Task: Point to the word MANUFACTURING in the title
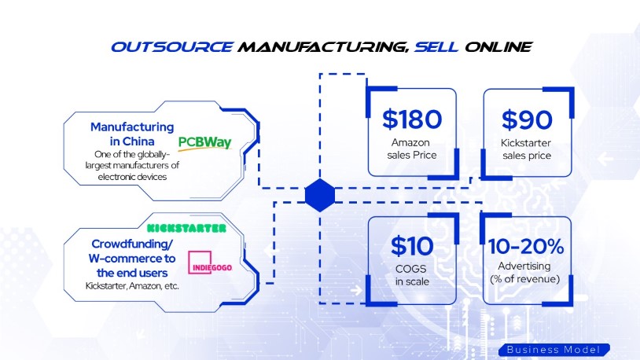point(322,46)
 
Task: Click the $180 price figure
point(412,119)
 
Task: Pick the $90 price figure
point(527,119)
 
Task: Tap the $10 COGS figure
point(412,246)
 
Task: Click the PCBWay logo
point(205,142)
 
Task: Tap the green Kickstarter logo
point(186,228)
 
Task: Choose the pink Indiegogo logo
point(210,264)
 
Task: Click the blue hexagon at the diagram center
point(320,194)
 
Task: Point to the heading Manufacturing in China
point(132,133)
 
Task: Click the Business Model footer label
point(553,349)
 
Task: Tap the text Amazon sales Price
point(412,149)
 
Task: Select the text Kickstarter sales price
point(527,149)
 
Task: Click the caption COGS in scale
point(412,275)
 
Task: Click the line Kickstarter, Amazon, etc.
point(132,285)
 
